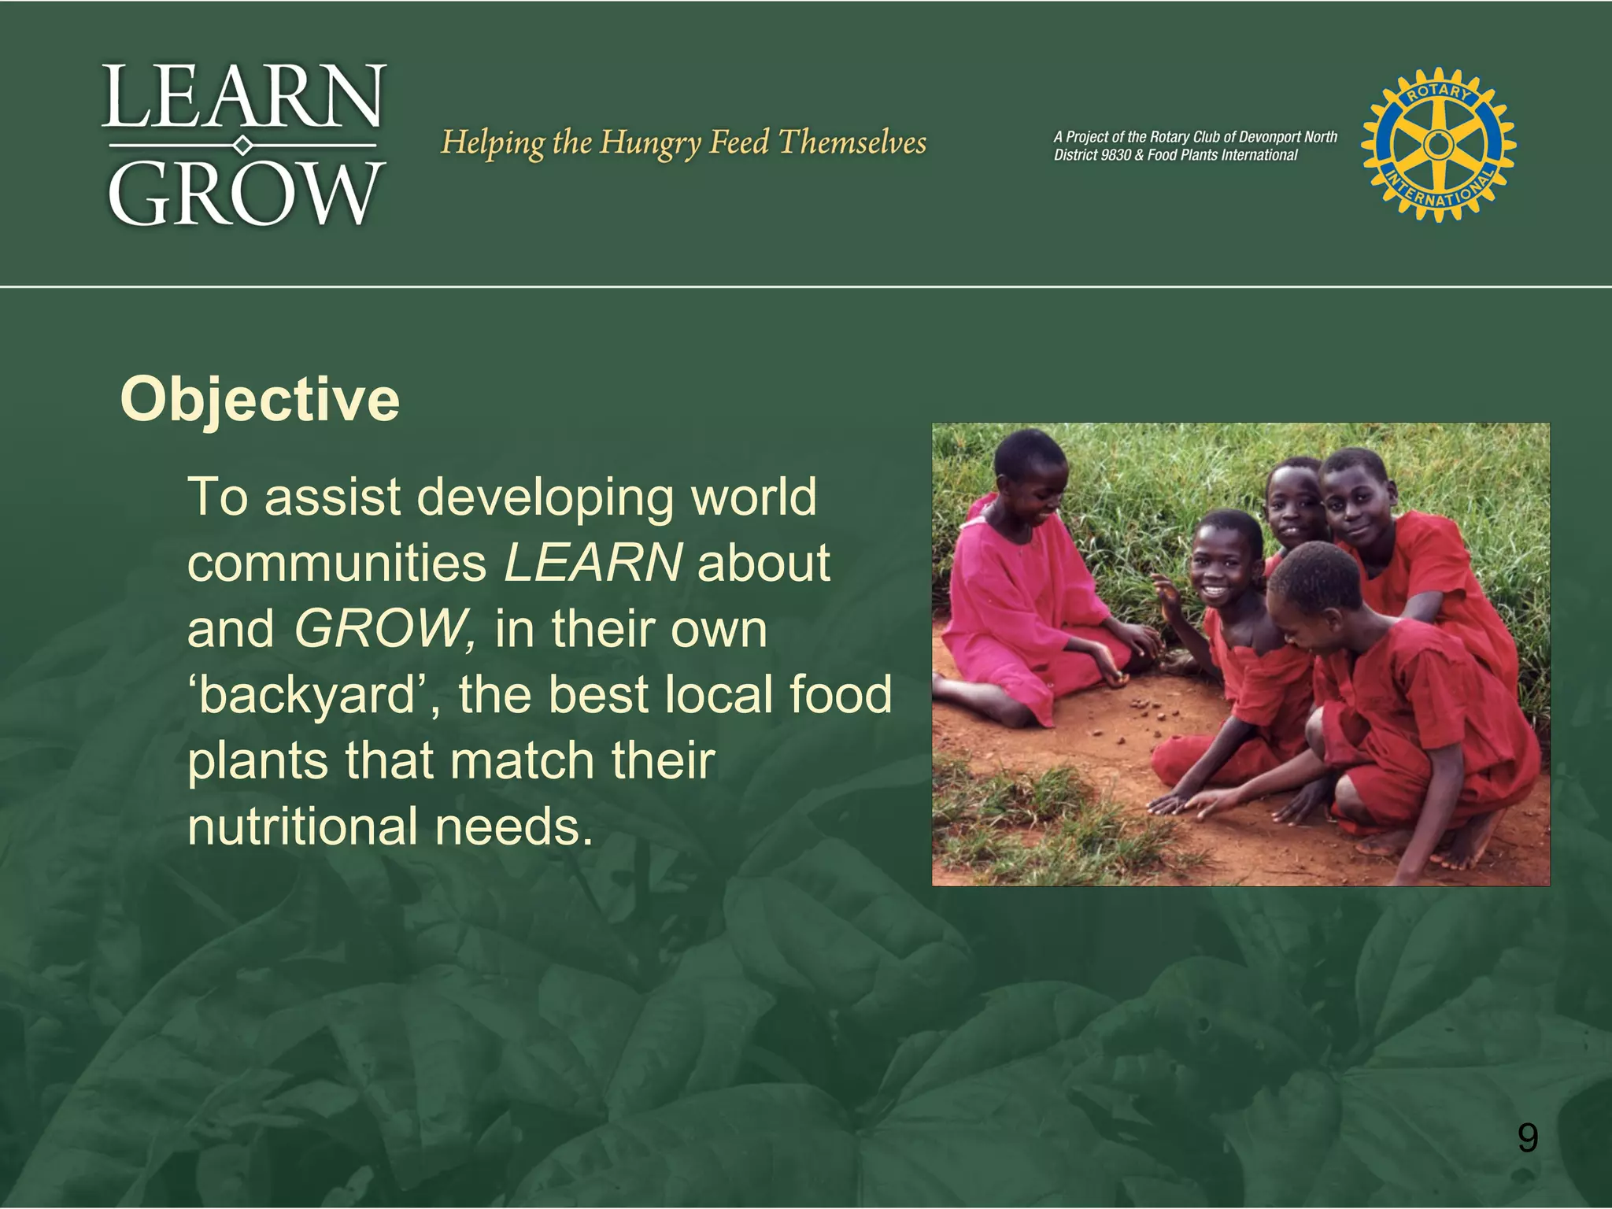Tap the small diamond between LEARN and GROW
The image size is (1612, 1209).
coord(243,146)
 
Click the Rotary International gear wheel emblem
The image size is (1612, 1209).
coord(1438,144)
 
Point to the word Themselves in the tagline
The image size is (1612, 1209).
coord(852,142)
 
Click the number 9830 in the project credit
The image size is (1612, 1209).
coord(1115,155)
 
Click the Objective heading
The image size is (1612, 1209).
coord(260,400)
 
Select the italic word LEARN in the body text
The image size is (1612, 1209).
coord(593,563)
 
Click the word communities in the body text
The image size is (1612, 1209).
coord(337,563)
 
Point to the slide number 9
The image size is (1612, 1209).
coord(1527,1138)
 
